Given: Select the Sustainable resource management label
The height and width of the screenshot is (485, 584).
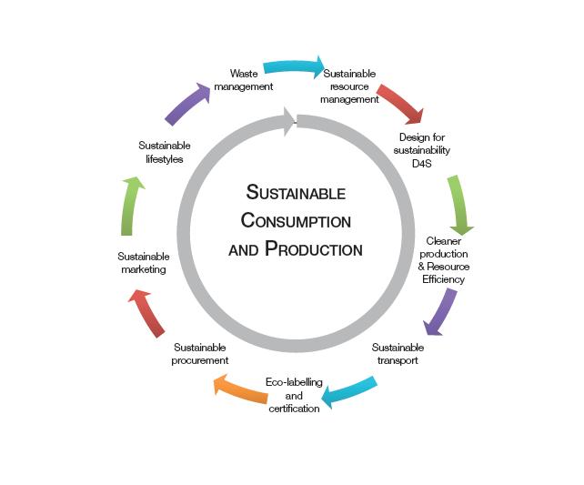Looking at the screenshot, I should click(350, 86).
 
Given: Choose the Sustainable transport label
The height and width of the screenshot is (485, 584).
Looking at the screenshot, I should click(398, 354).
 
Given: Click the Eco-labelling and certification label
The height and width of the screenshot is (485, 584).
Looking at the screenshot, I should click(294, 396).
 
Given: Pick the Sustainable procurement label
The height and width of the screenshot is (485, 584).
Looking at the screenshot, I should click(200, 354).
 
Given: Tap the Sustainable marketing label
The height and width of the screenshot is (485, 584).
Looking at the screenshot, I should click(143, 263).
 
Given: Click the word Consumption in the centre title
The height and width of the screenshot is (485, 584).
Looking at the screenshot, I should click(296, 221).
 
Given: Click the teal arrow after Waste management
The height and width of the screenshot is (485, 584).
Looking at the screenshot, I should click(294, 67).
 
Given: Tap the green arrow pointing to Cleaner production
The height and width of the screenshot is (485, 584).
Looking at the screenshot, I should click(459, 206).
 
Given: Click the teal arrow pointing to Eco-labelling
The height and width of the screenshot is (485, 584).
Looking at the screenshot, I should click(350, 391).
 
